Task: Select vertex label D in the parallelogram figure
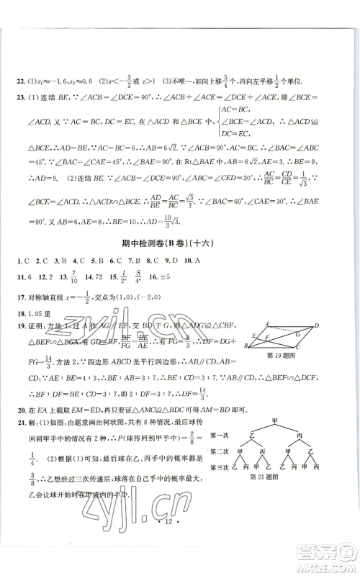[x=316, y=326]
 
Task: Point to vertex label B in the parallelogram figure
[x=248, y=348]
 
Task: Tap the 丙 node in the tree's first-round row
[x=298, y=435]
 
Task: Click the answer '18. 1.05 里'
[x=36, y=314]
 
